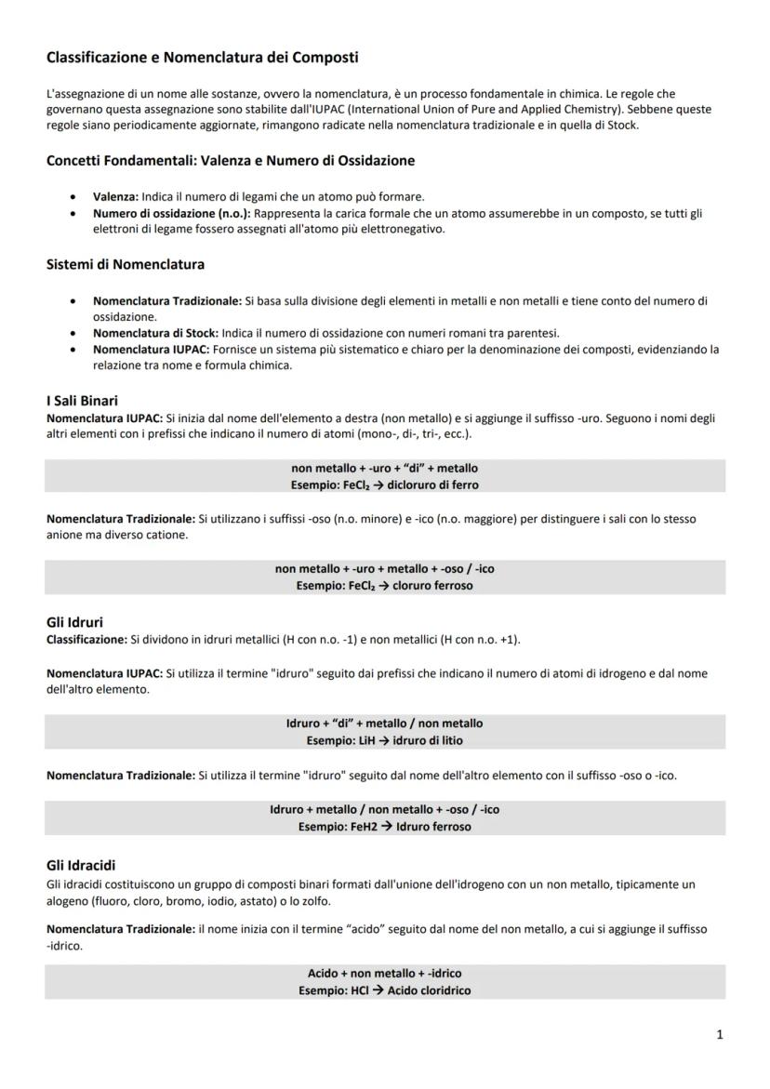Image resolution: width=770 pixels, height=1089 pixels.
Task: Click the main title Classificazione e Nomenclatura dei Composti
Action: click(x=202, y=58)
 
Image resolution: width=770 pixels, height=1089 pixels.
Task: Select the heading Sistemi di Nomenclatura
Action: click(x=126, y=264)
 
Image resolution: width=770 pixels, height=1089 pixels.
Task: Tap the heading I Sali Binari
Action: click(x=82, y=401)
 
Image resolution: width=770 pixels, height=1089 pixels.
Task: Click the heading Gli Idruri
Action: click(x=74, y=622)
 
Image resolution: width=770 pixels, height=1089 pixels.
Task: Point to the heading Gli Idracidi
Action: click(x=81, y=865)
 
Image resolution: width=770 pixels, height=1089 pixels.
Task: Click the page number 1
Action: click(x=719, y=1034)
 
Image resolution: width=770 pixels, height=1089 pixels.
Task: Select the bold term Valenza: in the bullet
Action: click(x=115, y=196)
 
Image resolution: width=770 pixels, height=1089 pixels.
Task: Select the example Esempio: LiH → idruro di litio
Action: click(x=384, y=740)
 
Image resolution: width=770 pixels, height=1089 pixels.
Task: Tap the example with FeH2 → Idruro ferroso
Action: click(x=384, y=826)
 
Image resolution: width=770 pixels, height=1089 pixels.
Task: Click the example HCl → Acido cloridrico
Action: click(x=384, y=990)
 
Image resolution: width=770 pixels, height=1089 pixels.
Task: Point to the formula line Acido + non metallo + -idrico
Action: click(x=384, y=973)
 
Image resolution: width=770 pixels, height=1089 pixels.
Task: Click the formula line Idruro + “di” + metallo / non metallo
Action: click(x=384, y=723)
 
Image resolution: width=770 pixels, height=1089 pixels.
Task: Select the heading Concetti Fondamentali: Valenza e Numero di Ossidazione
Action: click(x=231, y=161)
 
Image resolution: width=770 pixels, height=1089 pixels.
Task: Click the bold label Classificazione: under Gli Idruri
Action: click(x=86, y=640)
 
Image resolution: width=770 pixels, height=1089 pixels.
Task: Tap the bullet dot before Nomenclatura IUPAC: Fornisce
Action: click(x=73, y=350)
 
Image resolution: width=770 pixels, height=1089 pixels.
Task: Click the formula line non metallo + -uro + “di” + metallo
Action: click(x=384, y=468)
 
